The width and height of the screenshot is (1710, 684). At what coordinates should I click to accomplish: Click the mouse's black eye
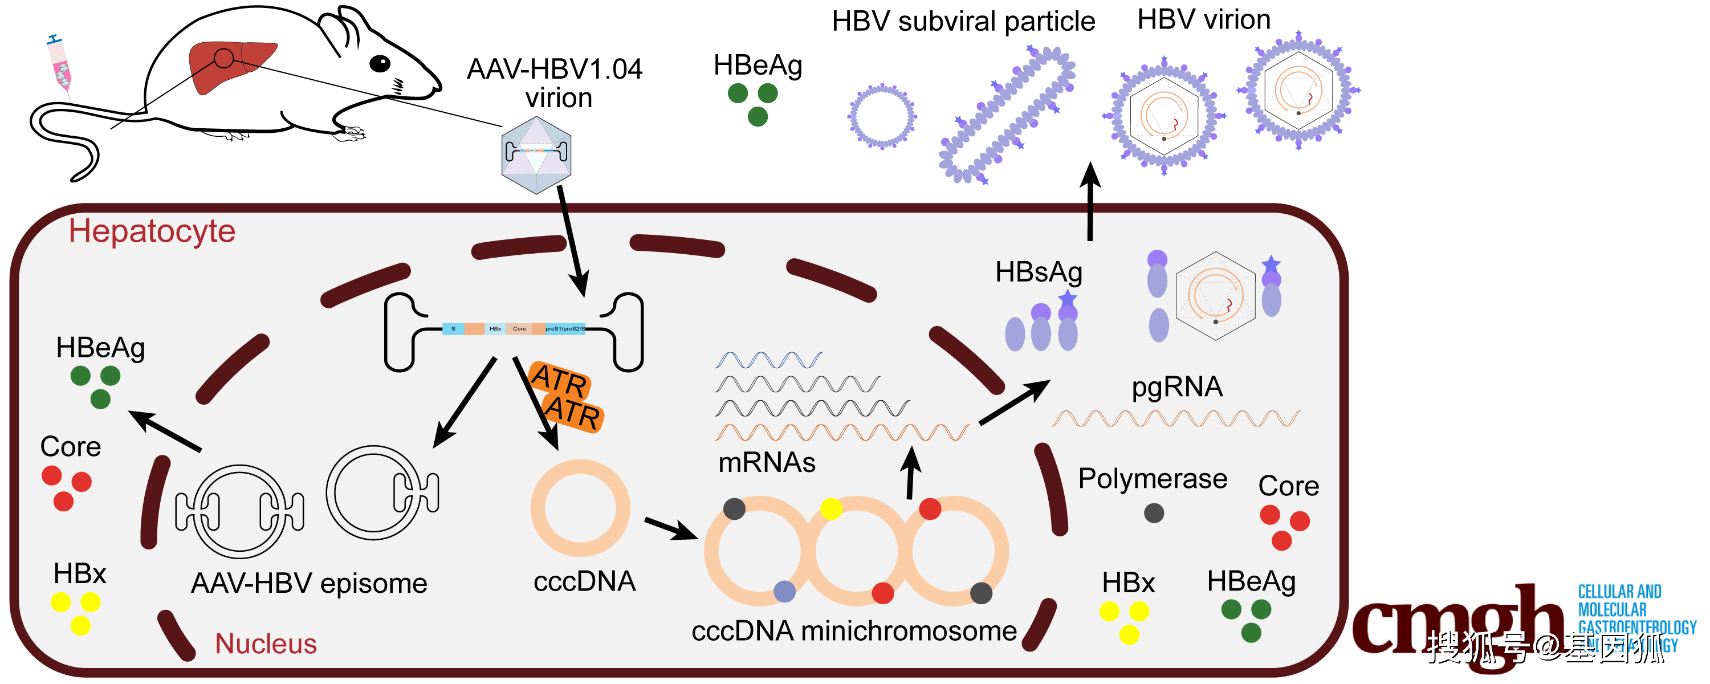(380, 64)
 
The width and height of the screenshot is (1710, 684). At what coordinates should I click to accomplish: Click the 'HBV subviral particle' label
(963, 21)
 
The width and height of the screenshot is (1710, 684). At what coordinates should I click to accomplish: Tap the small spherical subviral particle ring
(882, 116)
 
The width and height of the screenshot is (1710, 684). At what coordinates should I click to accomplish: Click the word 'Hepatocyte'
(152, 231)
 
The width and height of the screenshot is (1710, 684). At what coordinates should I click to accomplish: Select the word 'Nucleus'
(266, 644)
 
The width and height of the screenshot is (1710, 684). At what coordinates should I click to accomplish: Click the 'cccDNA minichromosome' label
(854, 631)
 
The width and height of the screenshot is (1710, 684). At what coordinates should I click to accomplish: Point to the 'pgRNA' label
(1177, 386)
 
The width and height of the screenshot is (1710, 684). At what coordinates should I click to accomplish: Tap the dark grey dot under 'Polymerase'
(1154, 512)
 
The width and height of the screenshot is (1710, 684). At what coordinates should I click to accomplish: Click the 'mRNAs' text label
(767, 462)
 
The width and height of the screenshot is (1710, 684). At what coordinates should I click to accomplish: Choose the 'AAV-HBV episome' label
(310, 583)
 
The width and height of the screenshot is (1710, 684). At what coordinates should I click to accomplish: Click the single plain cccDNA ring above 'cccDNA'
(580, 508)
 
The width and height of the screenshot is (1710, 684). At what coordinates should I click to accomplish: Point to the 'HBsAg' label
(1039, 272)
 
